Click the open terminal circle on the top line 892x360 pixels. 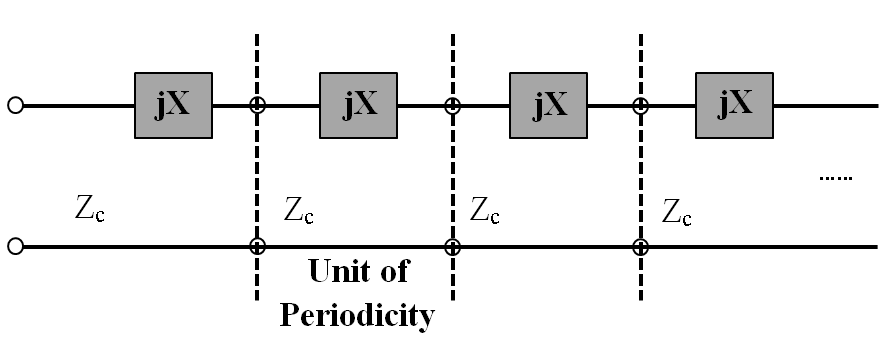click(15, 105)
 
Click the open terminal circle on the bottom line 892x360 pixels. click(15, 245)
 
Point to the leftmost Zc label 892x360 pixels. click(92, 212)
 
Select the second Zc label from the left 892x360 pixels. click(299, 211)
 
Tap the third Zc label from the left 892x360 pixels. click(485, 211)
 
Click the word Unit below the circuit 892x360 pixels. click(343, 272)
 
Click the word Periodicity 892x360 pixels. click(357, 316)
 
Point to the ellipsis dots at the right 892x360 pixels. click(835, 179)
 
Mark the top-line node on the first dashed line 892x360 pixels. click(257, 105)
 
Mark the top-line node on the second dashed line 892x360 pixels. click(452, 105)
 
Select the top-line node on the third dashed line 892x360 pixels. click(640, 105)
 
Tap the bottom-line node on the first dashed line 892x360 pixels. click(257, 245)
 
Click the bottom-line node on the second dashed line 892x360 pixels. click(452, 245)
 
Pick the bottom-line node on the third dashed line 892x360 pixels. click(640, 245)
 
